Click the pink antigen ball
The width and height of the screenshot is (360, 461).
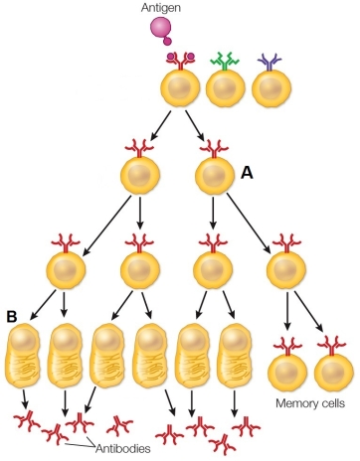coord(161,34)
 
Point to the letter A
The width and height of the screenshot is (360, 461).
coord(247,172)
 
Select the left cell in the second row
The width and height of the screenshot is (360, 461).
coord(140,177)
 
